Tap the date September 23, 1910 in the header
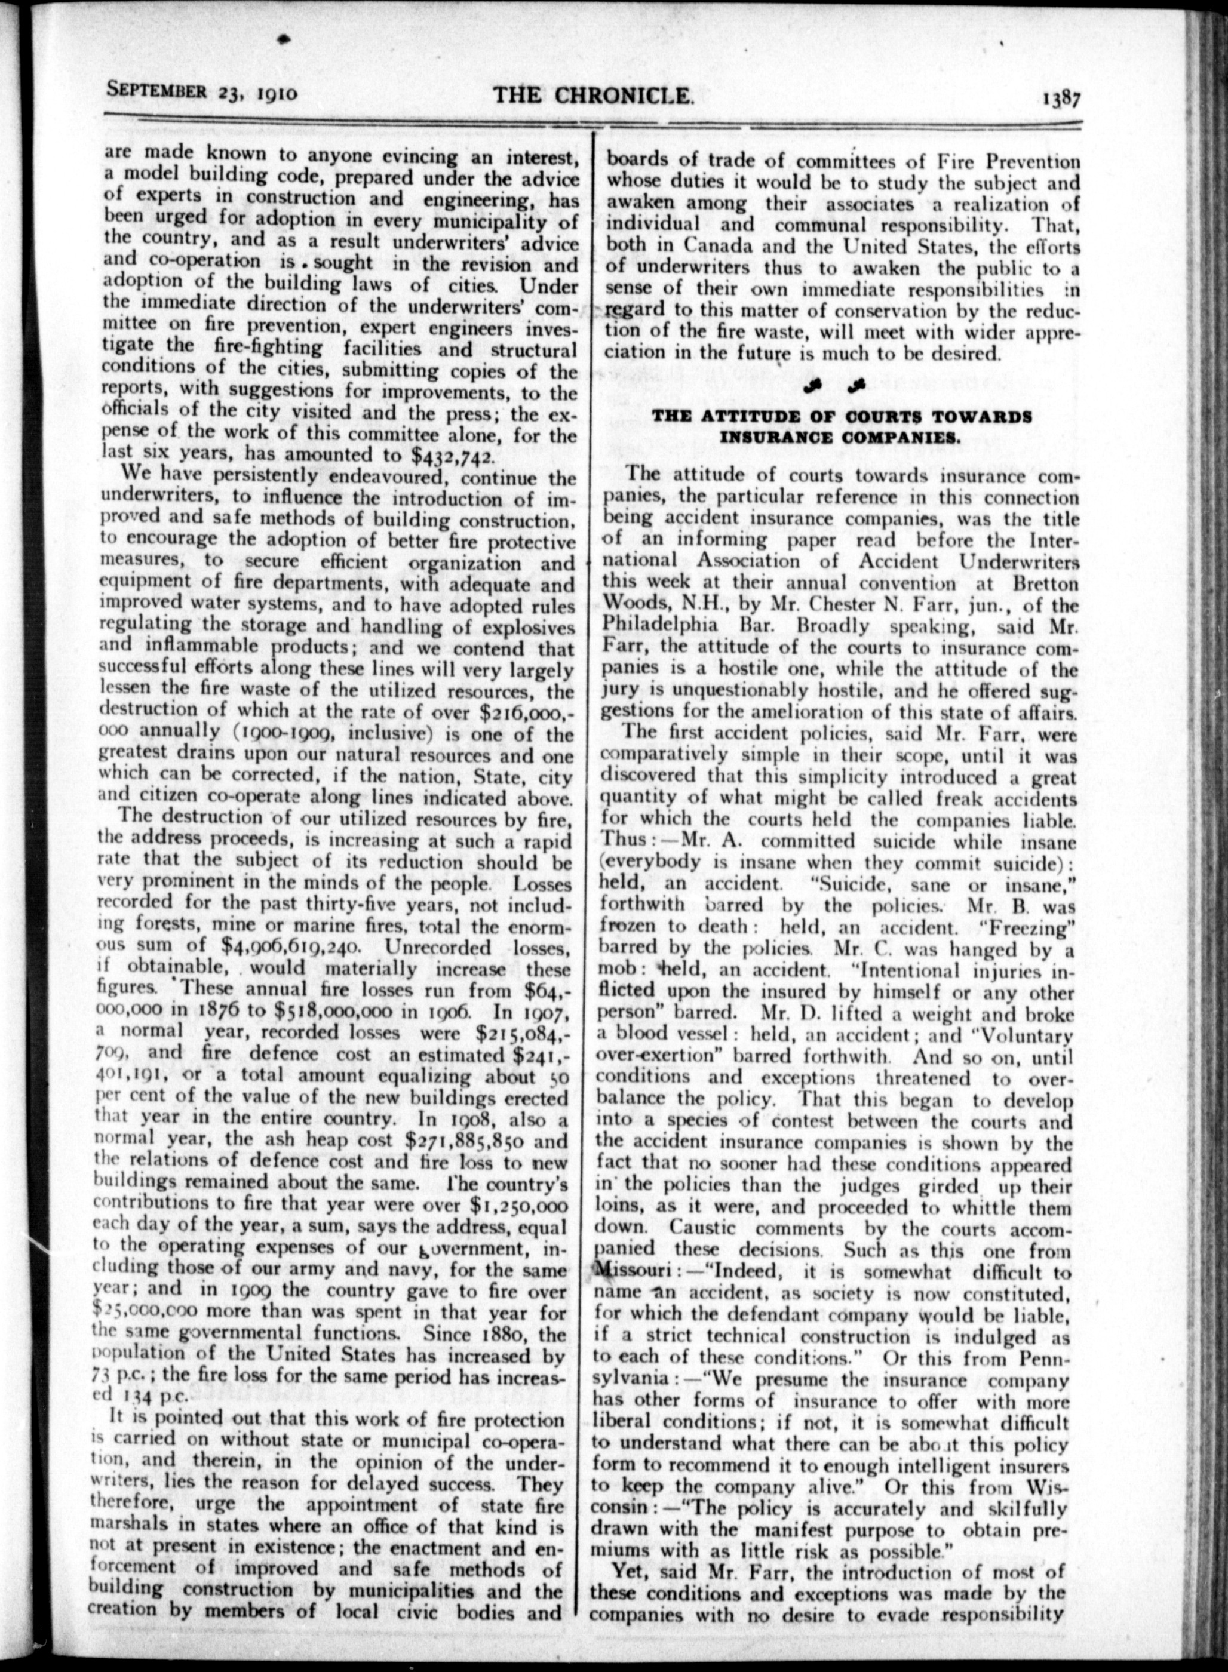tap(203, 92)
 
